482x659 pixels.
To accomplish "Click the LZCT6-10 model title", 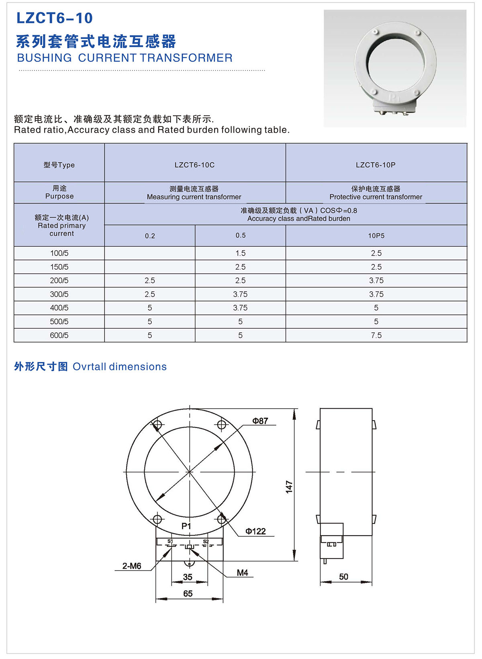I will coord(55,18).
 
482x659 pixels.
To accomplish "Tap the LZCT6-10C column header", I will coord(194,165).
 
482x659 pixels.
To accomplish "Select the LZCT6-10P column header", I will coord(376,165).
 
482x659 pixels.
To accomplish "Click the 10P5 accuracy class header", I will coord(376,236).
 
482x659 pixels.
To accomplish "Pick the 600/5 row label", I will coord(59,335).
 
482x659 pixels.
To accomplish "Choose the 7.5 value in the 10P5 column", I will coord(376,335).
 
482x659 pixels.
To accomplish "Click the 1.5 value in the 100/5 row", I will coord(240,253).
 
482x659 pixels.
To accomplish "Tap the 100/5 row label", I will coord(59,253).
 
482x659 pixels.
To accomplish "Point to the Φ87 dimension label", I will coord(260,421).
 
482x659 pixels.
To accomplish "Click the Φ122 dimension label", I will coord(255,531).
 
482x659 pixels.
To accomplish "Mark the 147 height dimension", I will coord(289,487).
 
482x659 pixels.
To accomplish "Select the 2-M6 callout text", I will coord(132,566).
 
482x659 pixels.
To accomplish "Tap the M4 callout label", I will coord(242,573).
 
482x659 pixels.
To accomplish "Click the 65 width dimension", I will coord(188,594).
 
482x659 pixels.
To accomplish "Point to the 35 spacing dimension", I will coord(188,577).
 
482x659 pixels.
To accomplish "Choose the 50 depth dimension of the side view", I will coord(343,577).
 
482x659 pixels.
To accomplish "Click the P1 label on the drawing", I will coord(186,526).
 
